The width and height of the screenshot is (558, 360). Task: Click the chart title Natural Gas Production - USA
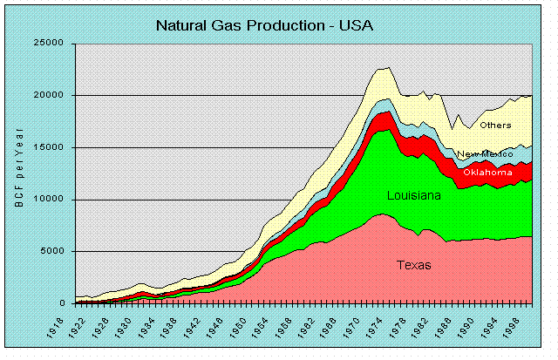tap(264, 24)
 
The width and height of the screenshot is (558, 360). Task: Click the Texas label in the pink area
tap(412, 265)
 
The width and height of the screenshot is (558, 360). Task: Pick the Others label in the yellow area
tap(495, 126)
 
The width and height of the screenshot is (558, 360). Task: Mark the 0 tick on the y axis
tap(64, 303)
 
